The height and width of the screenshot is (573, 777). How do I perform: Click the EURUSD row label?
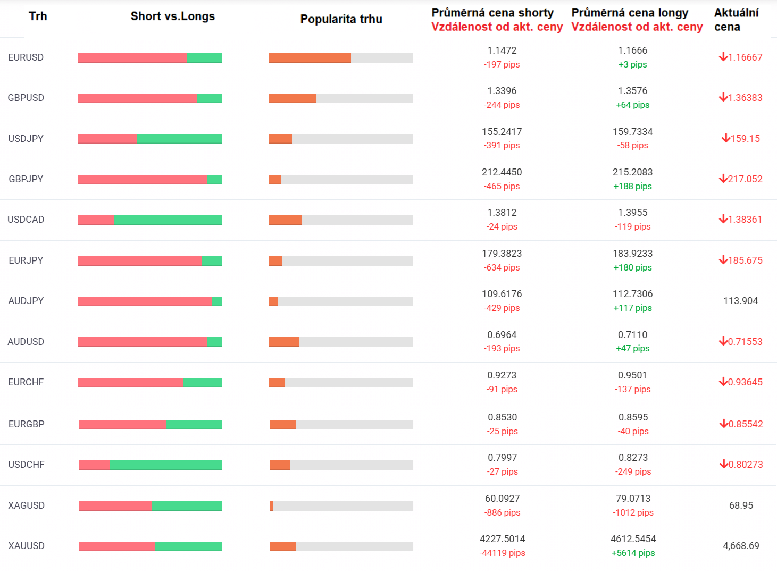[x=26, y=57]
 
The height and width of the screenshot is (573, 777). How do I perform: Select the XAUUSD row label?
[x=26, y=546]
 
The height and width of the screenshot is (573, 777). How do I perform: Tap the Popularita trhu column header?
[x=341, y=19]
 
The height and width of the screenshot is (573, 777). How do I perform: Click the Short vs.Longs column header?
[x=173, y=16]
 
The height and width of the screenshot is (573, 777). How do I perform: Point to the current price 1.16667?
[x=745, y=57]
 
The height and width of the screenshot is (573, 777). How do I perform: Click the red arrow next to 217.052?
[x=723, y=179]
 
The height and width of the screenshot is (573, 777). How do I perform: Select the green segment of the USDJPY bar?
[x=179, y=139]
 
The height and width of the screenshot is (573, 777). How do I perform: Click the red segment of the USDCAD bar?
[x=96, y=220]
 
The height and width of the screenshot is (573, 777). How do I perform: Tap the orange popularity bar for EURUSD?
[x=310, y=58]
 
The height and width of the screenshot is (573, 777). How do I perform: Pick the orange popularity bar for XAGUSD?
[x=271, y=505]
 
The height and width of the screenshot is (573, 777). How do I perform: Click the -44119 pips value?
[x=503, y=553]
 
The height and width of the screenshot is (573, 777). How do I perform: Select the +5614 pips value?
[x=633, y=553]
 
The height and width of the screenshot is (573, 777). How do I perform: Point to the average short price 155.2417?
[x=502, y=132]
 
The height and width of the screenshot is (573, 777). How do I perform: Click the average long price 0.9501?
[x=632, y=375]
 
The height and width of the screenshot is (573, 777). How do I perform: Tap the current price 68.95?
[x=741, y=505]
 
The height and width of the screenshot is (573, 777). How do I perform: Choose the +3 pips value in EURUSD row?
[x=632, y=64]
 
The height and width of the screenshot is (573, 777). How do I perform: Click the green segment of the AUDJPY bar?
[x=216, y=301]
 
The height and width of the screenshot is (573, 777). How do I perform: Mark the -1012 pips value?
[x=633, y=512]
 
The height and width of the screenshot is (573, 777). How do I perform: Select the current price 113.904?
[x=740, y=300]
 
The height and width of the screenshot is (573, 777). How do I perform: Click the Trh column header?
[x=38, y=16]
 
